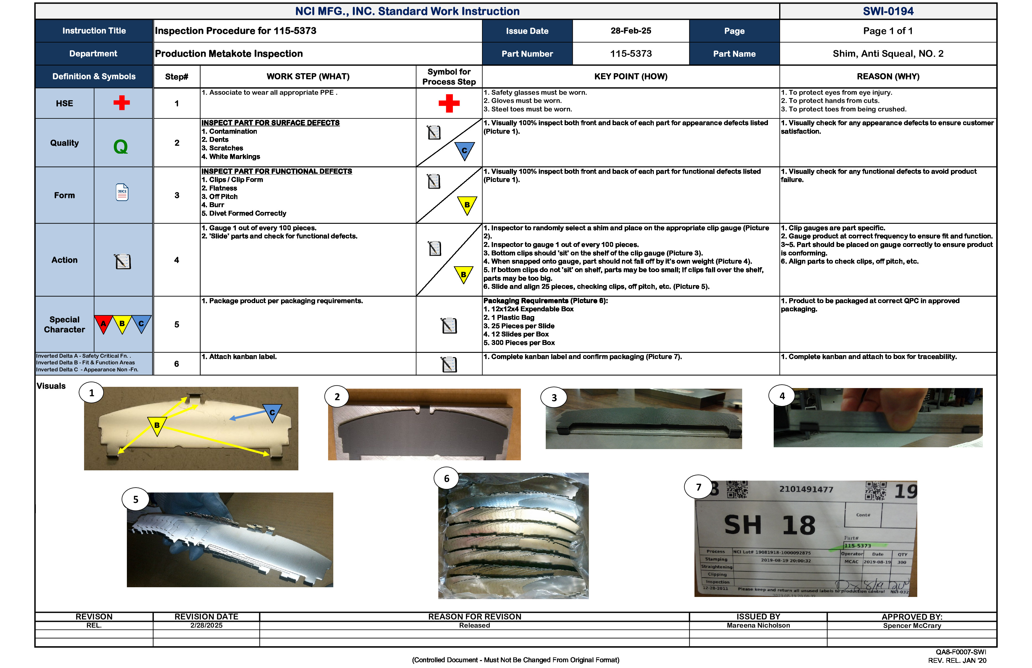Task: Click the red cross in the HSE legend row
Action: point(121,103)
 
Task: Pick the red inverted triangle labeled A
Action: point(103,324)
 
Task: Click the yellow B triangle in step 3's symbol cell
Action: point(467,204)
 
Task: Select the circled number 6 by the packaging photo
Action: point(446,479)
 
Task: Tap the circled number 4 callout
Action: point(782,396)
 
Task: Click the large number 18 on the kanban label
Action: point(798,525)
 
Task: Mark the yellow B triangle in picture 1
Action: point(157,425)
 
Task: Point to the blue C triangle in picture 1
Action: point(272,412)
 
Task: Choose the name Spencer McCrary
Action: point(912,625)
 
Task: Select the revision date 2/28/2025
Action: point(206,625)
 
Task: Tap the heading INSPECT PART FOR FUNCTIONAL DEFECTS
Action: point(277,171)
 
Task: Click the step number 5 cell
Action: point(176,325)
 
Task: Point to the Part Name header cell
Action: point(734,54)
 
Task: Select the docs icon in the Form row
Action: point(122,192)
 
